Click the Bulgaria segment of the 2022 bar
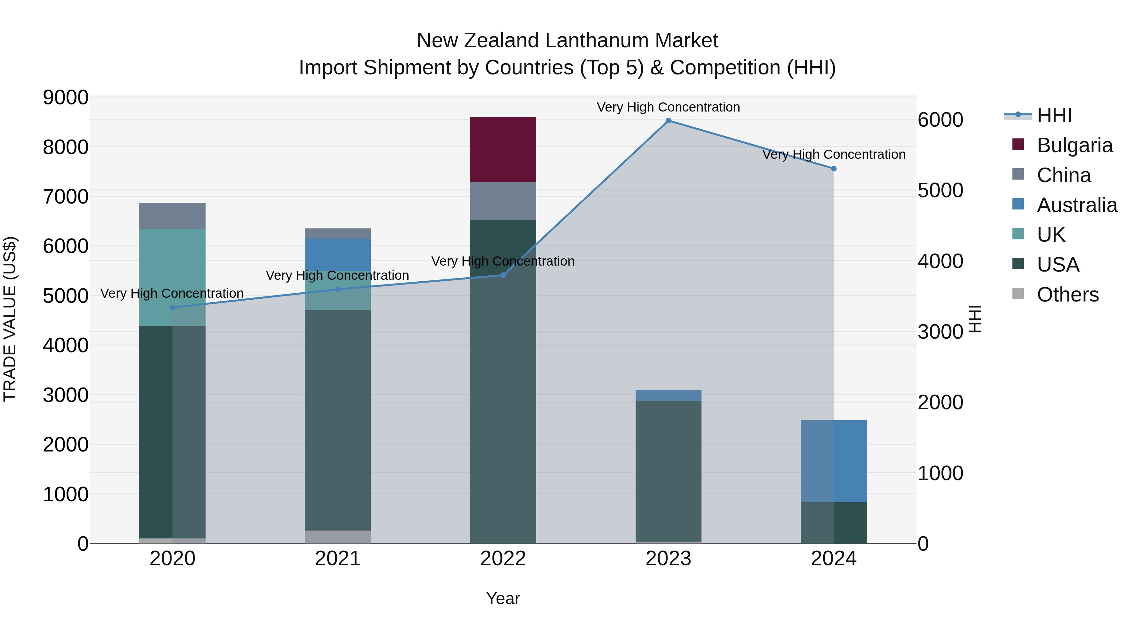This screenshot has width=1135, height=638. click(503, 149)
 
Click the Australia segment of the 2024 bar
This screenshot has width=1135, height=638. click(833, 461)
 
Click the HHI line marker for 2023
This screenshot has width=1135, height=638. click(668, 121)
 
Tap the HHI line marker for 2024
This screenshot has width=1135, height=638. click(833, 169)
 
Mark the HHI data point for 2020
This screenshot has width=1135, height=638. click(172, 307)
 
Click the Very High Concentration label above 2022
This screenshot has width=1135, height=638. click(503, 261)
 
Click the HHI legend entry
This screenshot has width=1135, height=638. click(1054, 115)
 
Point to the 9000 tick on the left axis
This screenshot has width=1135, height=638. click(65, 97)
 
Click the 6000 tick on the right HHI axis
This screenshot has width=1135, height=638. click(940, 120)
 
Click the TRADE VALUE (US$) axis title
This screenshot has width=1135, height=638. click(10, 319)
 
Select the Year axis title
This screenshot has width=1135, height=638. click(503, 598)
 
